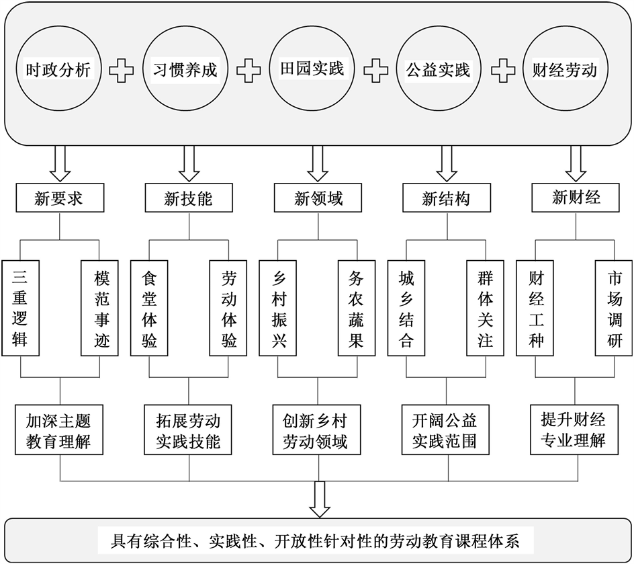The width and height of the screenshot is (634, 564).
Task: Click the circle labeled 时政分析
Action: pyautogui.click(x=58, y=69)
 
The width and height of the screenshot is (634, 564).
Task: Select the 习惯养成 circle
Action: pyautogui.click(x=185, y=69)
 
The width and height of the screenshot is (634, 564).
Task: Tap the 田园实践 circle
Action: pyautogui.click(x=312, y=69)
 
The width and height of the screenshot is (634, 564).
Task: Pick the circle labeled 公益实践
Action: pyautogui.click(x=439, y=69)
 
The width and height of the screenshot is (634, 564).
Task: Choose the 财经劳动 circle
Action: pyautogui.click(x=565, y=69)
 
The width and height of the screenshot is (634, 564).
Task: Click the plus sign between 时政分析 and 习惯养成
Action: pyautogui.click(x=122, y=70)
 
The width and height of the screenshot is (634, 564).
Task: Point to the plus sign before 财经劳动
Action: pyautogui.click(x=502, y=70)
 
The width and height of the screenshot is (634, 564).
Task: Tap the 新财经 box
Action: pyautogui.click(x=576, y=198)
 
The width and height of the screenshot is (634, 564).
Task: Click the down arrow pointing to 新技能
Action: pyautogui.click(x=189, y=163)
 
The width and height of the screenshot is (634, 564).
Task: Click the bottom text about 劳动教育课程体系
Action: pyautogui.click(x=316, y=540)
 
